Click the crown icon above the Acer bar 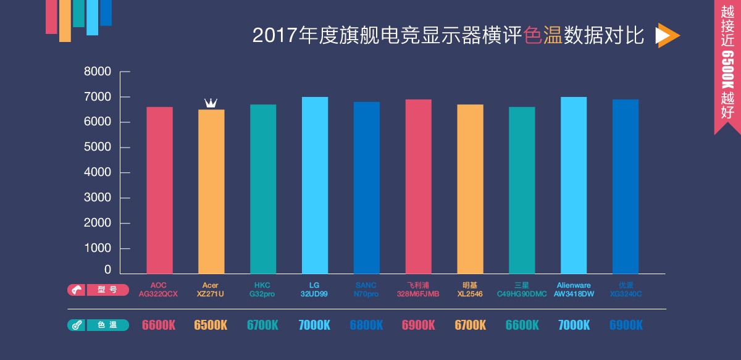click(x=211, y=103)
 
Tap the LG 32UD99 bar click(x=315, y=185)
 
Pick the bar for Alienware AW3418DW click(x=574, y=185)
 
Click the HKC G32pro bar click(x=263, y=189)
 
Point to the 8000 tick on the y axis click(x=98, y=72)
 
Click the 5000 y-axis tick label click(x=98, y=148)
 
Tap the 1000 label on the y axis click(x=98, y=248)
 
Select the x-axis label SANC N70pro click(x=366, y=290)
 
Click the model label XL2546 click(x=470, y=294)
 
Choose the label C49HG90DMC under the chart click(x=522, y=294)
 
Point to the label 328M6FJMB click(x=418, y=294)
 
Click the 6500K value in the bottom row click(x=211, y=325)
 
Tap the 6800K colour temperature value click(x=366, y=325)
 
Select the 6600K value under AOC click(x=159, y=325)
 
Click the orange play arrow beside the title click(x=666, y=36)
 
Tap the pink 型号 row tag click(x=98, y=290)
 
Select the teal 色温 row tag click(x=98, y=325)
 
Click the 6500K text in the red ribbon click(x=727, y=69)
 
